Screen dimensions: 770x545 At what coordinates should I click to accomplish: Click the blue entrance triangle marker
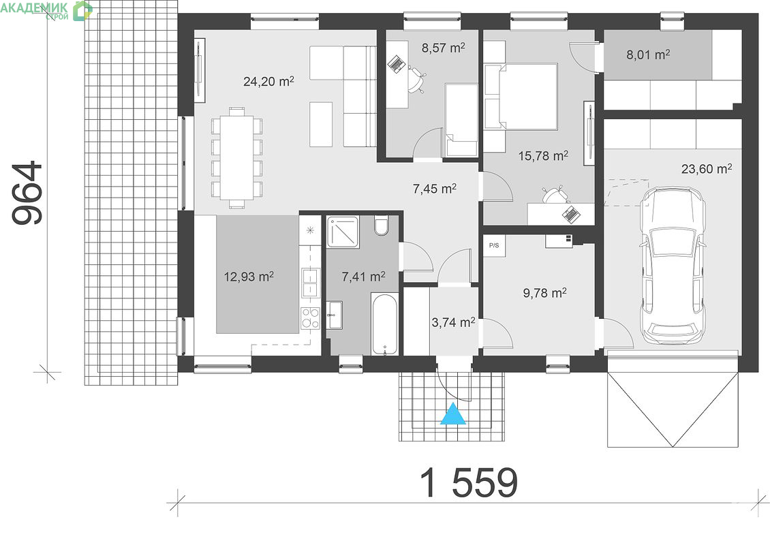tap(452, 414)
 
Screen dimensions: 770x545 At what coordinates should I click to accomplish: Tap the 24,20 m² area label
tap(268, 80)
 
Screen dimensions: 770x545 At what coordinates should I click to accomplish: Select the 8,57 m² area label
tap(443, 48)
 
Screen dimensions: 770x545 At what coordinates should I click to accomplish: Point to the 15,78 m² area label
tap(543, 156)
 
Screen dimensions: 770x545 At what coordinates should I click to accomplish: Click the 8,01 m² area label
tap(648, 54)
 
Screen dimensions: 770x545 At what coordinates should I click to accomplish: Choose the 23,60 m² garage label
tap(707, 169)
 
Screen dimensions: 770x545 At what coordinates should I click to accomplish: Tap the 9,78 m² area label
tap(545, 293)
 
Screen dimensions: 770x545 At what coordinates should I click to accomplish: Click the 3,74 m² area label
tap(453, 322)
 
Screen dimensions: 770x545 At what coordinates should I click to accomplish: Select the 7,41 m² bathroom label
tap(363, 277)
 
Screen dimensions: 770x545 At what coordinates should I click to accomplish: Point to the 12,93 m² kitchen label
tap(249, 277)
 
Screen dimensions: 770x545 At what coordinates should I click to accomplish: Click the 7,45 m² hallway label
tap(435, 189)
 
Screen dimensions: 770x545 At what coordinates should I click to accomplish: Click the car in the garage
tap(674, 266)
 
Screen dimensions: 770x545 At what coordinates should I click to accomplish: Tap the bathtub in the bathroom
tap(384, 324)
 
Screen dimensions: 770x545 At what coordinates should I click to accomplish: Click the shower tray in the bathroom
tap(343, 231)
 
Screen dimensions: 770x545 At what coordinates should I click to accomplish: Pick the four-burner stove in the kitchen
tap(310, 317)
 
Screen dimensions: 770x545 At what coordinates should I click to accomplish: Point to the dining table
tap(236, 157)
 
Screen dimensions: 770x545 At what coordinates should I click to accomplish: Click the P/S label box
tap(493, 245)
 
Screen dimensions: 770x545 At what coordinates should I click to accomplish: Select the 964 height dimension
tap(28, 193)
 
